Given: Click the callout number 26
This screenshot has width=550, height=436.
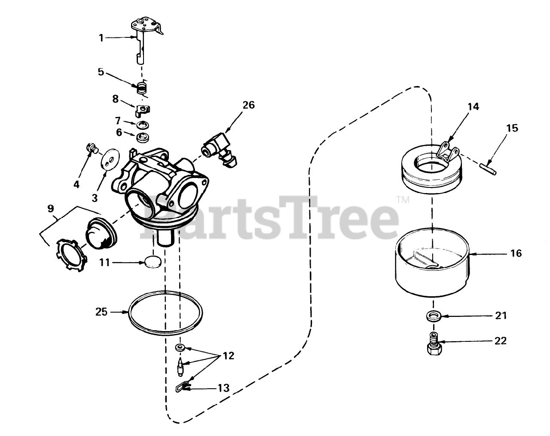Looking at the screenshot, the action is [x=248, y=105].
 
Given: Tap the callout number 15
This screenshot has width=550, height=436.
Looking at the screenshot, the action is [x=512, y=128].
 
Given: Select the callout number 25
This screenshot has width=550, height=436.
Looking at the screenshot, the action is [x=101, y=312].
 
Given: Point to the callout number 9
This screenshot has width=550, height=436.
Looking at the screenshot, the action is [x=51, y=209].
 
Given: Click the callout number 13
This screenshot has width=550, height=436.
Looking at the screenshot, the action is [x=223, y=388].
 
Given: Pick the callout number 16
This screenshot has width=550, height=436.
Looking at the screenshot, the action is [x=516, y=253].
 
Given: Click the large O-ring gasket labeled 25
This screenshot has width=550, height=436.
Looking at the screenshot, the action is [x=165, y=313].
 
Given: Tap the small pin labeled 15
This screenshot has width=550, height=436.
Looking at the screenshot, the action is [x=488, y=169].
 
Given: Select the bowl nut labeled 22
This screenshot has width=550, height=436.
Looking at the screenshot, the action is [x=434, y=344].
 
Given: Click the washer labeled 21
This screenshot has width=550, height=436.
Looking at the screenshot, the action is [x=434, y=316].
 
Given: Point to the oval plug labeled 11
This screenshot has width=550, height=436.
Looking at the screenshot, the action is [x=153, y=262].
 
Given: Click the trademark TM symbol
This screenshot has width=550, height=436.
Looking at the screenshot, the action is [x=403, y=200].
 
